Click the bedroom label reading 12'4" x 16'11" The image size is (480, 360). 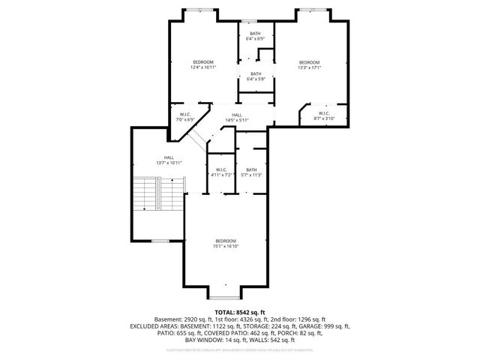(x=202, y=65)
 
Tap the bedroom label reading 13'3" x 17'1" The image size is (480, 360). (x=309, y=65)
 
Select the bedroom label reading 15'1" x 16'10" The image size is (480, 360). (x=226, y=243)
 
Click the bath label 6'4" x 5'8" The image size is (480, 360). (x=256, y=76)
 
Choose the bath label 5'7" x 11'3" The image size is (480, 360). (x=251, y=172)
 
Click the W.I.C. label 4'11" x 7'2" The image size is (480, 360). (x=221, y=172)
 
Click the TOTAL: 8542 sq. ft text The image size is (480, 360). (x=239, y=311)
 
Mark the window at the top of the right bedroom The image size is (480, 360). (x=311, y=10)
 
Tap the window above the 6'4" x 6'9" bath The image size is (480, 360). (x=249, y=21)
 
